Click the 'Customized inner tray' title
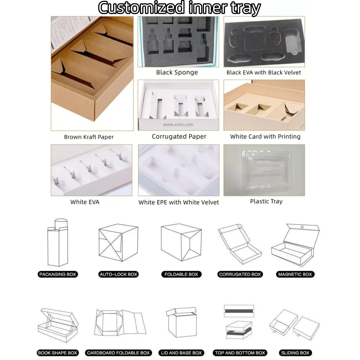tap(179, 8)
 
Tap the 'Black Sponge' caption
tap(177, 72)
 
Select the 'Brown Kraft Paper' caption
tap(89, 137)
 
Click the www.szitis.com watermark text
tap(178, 124)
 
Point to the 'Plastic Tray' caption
tap(266, 201)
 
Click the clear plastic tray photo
tap(264, 170)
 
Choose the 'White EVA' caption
tap(85, 202)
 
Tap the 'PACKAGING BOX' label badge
tap(58, 274)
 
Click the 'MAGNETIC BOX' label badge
tap(295, 274)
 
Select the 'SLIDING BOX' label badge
tap(295, 353)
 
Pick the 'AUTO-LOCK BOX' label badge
tap(118, 274)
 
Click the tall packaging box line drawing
tap(57, 243)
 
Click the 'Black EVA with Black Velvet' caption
tap(263, 72)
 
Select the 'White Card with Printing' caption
tap(265, 137)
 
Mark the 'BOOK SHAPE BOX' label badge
tap(58, 353)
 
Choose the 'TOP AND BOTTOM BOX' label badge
tap(240, 353)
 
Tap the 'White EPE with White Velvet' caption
tap(178, 202)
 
